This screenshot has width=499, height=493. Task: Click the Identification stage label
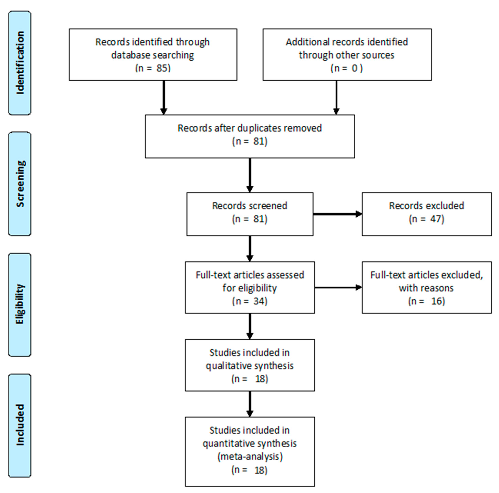[20, 63]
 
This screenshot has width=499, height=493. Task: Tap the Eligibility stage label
[20, 304]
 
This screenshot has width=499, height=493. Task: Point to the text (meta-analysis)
[250, 457]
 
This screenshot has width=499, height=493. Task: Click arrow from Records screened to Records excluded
[337, 214]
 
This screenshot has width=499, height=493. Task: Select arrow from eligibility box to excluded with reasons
[338, 287]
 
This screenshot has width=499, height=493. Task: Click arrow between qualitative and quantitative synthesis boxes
[249, 404]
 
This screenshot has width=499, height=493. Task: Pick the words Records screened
[249, 206]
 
